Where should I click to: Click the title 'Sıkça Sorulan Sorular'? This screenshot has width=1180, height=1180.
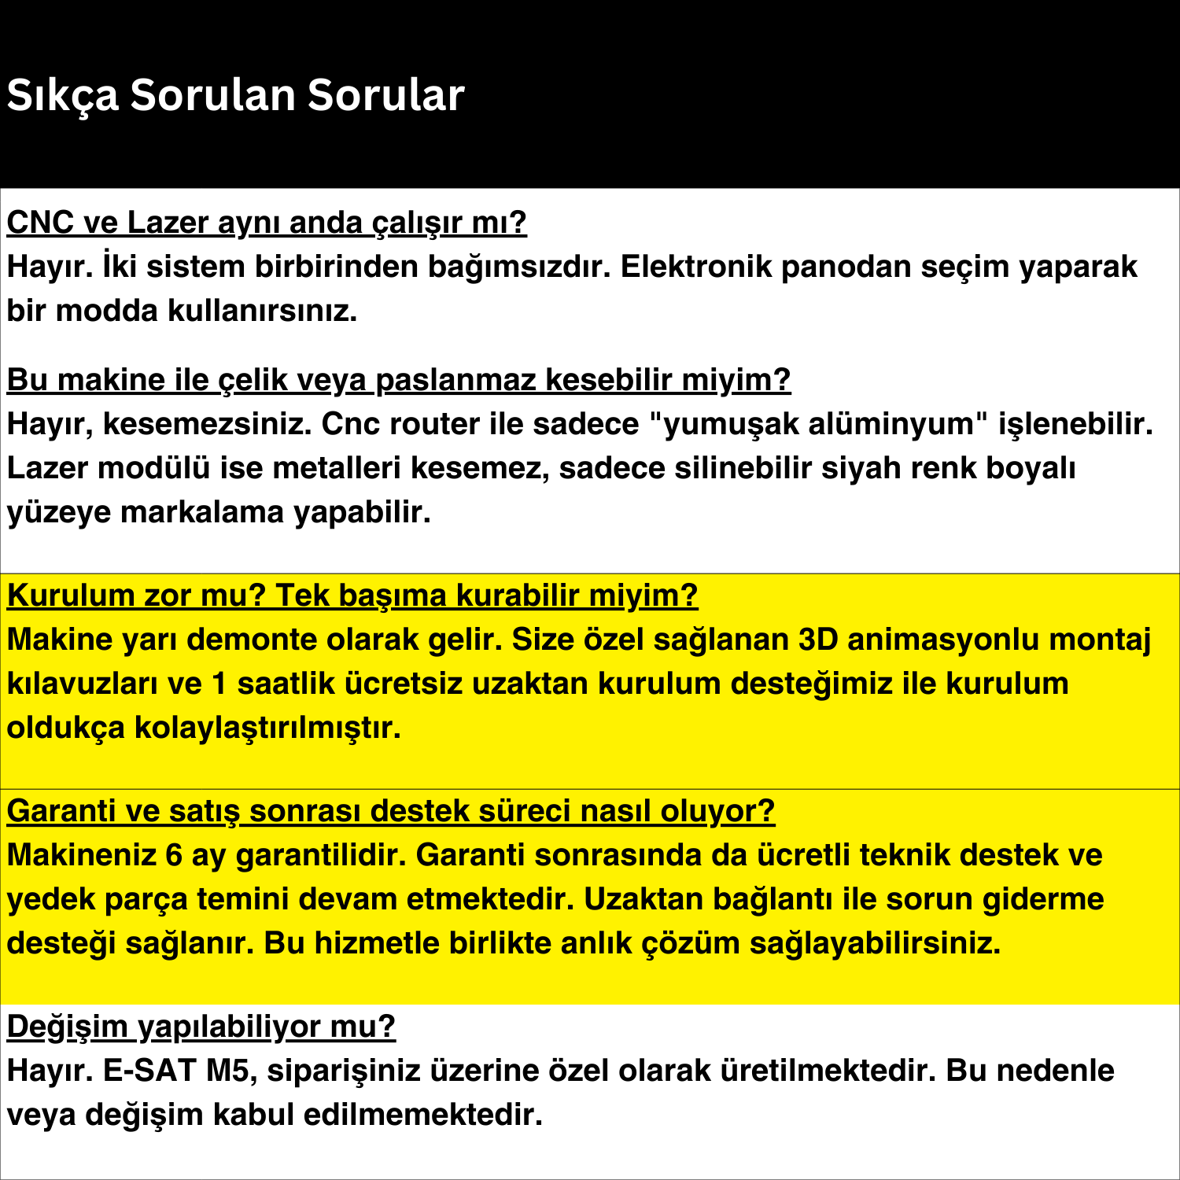point(235,95)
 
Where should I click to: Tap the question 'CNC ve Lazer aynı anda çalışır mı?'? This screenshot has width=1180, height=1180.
point(267,223)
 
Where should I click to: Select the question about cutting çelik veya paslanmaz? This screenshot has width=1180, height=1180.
point(398,380)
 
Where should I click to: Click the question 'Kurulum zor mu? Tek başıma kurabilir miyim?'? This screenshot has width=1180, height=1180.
point(352,596)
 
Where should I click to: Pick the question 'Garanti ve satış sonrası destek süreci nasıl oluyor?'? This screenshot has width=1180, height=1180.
point(391,811)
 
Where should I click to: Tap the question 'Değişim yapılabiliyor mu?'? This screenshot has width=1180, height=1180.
point(201,1027)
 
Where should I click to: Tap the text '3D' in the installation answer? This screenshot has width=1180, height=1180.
point(818,640)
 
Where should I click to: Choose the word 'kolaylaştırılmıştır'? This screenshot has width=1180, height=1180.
point(267,728)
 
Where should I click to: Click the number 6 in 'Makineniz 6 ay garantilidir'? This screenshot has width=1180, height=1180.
point(175,855)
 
